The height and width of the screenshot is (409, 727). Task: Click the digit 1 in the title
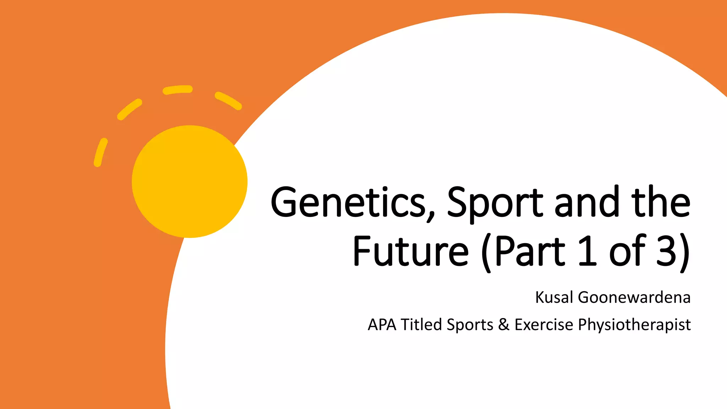coord(587,251)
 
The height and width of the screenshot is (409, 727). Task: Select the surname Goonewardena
coord(634,298)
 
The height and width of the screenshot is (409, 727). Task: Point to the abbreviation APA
coord(382,325)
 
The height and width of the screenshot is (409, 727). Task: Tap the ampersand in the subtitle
coord(504,325)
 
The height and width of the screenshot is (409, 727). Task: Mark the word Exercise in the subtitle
coord(543,325)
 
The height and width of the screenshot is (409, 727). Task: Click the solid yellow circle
coord(190,181)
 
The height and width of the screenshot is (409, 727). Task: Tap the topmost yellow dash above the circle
coord(177,89)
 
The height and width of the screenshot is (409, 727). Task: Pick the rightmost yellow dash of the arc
coord(228,101)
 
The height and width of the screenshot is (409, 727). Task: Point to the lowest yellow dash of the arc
coord(100,152)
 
